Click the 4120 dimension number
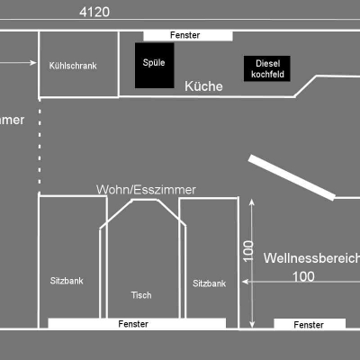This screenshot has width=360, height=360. tap(94, 12)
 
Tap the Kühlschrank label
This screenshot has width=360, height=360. tap(73, 66)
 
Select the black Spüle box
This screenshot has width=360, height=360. tap(155, 66)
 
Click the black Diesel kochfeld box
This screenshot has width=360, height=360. tap(267, 68)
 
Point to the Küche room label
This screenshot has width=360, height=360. tap(203, 86)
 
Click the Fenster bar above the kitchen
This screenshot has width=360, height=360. tap(188, 35)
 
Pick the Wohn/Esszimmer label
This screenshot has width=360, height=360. tap(146, 190)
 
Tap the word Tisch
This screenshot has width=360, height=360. tap(141, 295)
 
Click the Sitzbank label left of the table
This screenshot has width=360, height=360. tap(67, 281)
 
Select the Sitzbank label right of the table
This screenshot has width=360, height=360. tap(209, 283)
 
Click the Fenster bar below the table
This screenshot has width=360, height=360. tap(137, 323)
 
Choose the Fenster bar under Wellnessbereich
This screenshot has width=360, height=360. tap(310, 324)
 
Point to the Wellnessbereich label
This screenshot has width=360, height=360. tap(312, 258)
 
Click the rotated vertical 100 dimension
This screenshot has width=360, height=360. tap(248, 251)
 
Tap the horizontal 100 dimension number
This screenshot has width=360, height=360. tap(303, 276)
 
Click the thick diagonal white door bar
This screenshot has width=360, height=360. tap(292, 177)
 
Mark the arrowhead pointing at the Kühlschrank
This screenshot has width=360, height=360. tap(33, 63)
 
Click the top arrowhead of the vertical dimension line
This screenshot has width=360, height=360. tap(252, 202)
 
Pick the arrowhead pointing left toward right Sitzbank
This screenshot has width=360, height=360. tap(245, 282)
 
